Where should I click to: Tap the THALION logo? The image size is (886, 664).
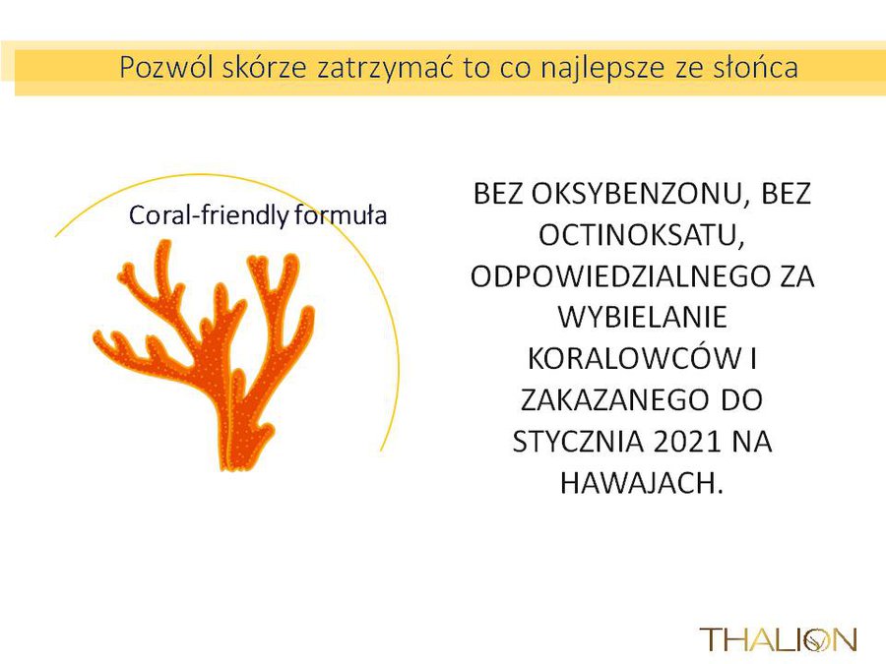[778, 638]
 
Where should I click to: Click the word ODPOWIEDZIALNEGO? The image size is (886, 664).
[620, 276]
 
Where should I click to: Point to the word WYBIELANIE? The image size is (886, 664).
[643, 318]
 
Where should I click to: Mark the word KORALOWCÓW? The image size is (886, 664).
[634, 358]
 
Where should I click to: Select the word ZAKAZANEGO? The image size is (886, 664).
[613, 399]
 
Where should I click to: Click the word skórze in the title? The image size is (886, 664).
[265, 67]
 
